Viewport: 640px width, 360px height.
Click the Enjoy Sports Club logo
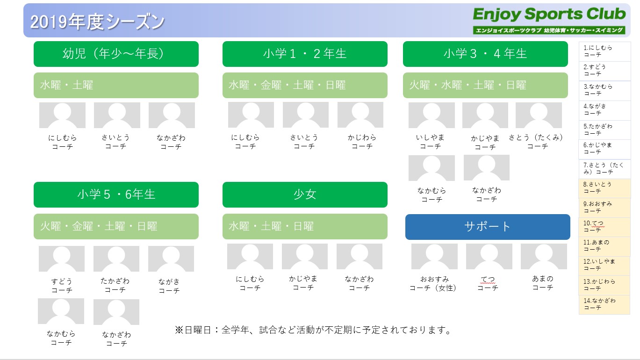[x=549, y=21]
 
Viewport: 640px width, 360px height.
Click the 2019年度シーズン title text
[x=97, y=22]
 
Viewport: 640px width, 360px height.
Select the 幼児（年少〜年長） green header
[x=116, y=54]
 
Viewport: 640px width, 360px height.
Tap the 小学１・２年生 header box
[x=305, y=54]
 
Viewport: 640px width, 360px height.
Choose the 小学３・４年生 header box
[x=485, y=54]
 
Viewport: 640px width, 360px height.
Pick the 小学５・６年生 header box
[x=116, y=194]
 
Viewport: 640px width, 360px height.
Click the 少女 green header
[x=305, y=194]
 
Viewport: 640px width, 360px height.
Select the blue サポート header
[x=488, y=227]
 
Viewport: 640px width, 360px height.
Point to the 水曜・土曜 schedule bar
[x=116, y=85]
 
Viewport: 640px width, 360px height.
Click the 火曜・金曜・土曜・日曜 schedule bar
[x=116, y=226]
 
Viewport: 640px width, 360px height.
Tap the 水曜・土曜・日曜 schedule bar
[x=305, y=226]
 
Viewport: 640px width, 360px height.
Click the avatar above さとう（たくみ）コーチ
[x=539, y=115]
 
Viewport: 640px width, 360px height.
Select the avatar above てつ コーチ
[x=489, y=256]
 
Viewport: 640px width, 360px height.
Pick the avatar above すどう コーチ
[x=62, y=259]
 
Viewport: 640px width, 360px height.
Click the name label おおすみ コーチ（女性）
[x=433, y=283]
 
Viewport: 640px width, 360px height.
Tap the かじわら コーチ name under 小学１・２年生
[x=362, y=142]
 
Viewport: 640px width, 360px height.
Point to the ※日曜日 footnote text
[x=313, y=330]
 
